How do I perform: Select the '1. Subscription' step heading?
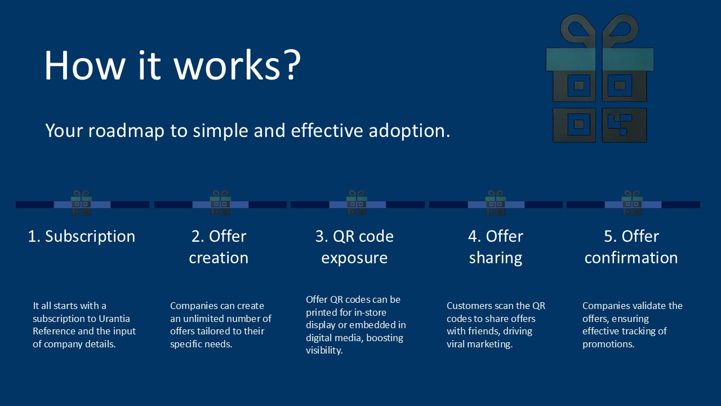coord(82,236)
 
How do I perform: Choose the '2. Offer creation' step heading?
coord(219,247)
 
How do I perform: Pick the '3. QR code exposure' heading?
coord(354,247)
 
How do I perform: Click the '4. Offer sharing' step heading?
coord(496,247)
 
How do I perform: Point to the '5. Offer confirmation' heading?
coord(631,247)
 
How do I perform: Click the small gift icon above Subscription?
coord(82,203)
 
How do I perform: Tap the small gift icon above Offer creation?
coord(220,203)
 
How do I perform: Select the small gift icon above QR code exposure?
coord(357,203)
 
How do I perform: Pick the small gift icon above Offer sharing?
coord(496,203)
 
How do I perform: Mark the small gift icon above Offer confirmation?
coord(633,203)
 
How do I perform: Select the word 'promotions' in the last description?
coord(608,344)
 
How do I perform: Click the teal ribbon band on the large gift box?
coord(599,59)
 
